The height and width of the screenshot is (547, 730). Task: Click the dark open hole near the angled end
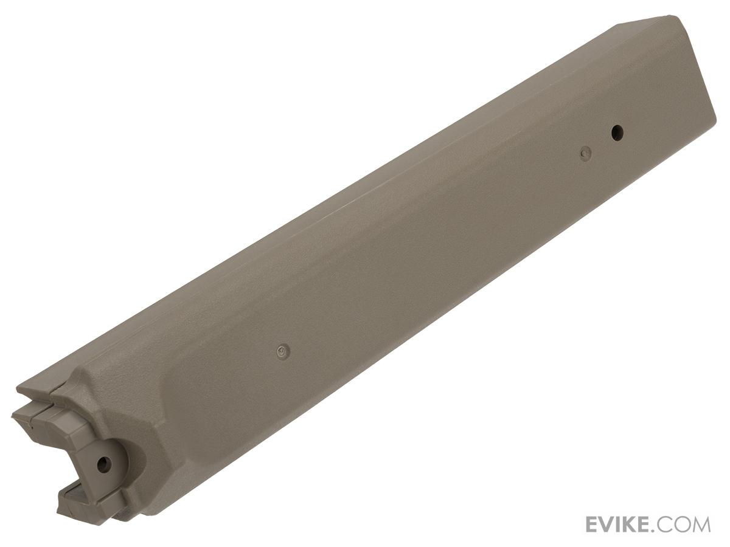click(x=617, y=133)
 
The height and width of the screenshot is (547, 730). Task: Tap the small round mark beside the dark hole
click(x=586, y=154)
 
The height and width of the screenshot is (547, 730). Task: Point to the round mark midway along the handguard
click(x=283, y=351)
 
